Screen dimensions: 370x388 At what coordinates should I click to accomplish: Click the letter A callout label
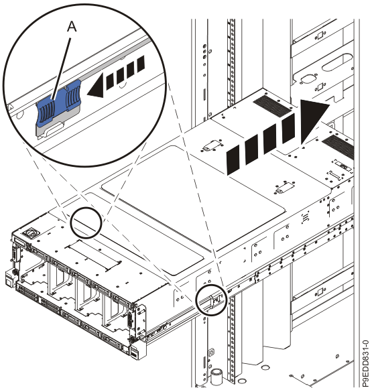click(72, 27)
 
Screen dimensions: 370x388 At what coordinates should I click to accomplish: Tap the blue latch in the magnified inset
click(59, 101)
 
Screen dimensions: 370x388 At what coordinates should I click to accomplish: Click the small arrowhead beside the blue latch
click(96, 86)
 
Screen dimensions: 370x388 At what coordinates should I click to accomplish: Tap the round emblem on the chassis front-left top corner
click(31, 233)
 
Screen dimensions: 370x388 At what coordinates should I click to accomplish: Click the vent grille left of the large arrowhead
click(271, 107)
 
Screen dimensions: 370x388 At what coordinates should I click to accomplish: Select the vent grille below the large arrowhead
click(338, 147)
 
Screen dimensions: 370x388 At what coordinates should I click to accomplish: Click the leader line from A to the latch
click(61, 69)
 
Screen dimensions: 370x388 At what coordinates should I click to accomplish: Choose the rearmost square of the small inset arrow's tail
click(141, 64)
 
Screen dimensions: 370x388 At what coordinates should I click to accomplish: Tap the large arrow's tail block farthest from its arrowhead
click(233, 160)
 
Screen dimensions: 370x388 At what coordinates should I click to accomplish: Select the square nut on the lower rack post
click(211, 352)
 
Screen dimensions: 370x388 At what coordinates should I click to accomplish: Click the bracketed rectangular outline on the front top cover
click(93, 255)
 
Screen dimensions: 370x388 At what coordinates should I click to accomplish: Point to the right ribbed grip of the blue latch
click(73, 96)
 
